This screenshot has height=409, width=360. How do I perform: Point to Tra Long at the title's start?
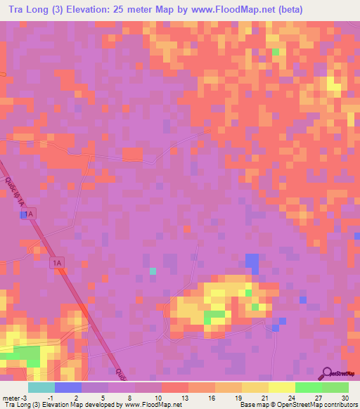[x=28, y=9]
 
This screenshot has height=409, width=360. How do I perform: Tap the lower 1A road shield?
[x=58, y=263]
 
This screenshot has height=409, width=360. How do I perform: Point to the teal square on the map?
[x=153, y=271]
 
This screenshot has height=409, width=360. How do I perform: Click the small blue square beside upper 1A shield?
[x=22, y=215]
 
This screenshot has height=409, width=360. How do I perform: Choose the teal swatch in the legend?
[x=41, y=387]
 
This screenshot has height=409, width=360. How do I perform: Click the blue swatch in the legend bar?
[x=67, y=387]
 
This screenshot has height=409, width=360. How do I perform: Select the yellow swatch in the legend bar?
[x=281, y=387]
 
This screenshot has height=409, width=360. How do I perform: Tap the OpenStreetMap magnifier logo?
[x=327, y=373]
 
